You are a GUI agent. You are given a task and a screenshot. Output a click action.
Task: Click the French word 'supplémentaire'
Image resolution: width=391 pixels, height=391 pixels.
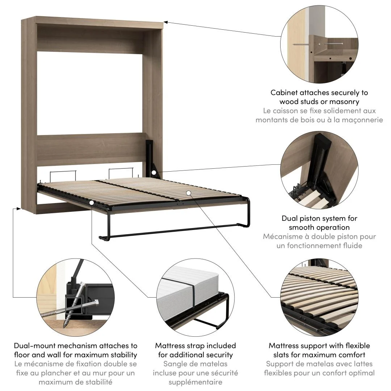195,382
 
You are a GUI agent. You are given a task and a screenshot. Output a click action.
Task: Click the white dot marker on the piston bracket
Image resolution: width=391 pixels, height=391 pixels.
154,173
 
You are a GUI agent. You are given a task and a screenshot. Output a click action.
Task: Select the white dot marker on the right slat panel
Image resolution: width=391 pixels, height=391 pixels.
188,193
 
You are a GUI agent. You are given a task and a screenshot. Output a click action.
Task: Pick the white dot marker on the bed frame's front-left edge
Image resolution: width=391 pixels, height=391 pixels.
92,203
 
